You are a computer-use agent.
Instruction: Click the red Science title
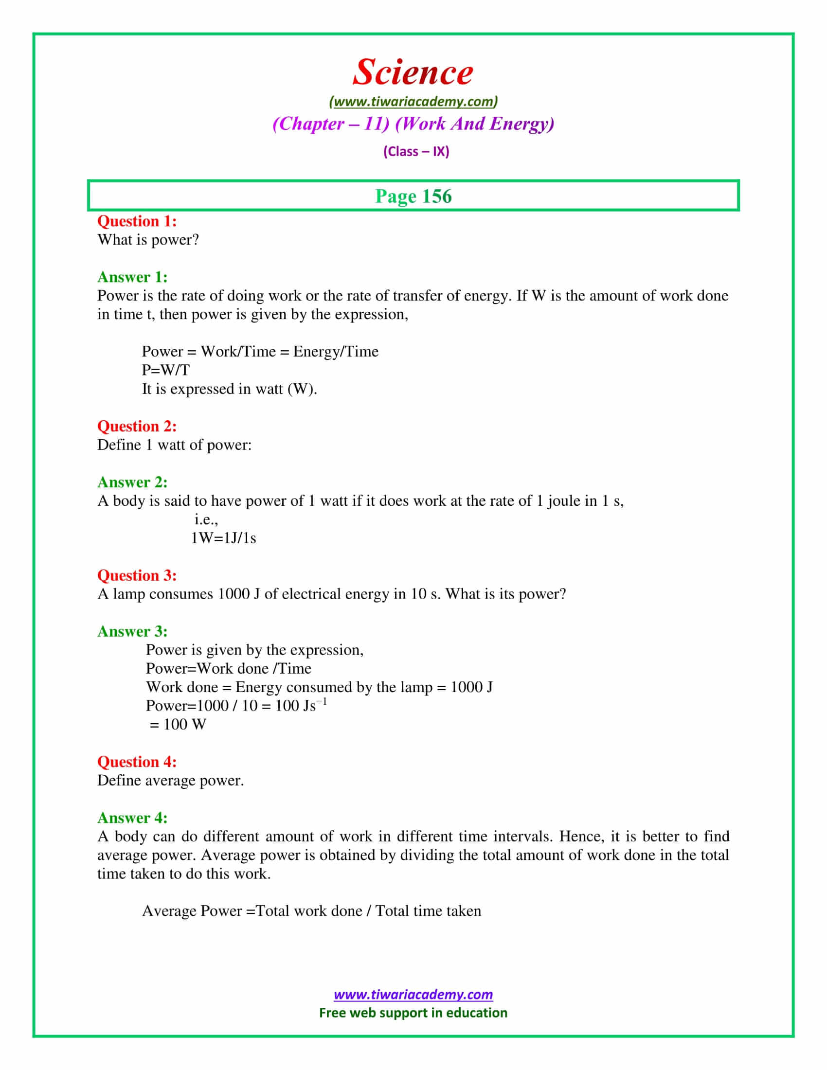[x=413, y=72]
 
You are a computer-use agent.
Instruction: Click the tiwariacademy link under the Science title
[x=413, y=102]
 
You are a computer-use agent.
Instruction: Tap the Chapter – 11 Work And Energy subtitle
[x=413, y=124]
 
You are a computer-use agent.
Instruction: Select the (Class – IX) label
[x=416, y=151]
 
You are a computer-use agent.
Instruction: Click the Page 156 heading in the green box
[x=413, y=196]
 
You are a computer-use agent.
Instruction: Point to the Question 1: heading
[x=137, y=221]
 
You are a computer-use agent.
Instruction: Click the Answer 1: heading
[x=132, y=277]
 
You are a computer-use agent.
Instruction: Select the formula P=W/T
[x=165, y=370]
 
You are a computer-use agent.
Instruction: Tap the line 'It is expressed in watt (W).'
[x=229, y=389]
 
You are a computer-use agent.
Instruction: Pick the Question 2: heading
[x=137, y=426]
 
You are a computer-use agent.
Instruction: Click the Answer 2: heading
[x=132, y=482]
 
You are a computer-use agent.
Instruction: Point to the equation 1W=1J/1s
[x=223, y=538]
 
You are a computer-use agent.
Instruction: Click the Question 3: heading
[x=137, y=575]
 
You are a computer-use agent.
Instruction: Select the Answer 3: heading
[x=132, y=631]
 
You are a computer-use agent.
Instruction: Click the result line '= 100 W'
[x=178, y=724]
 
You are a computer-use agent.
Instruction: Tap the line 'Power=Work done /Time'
[x=228, y=668]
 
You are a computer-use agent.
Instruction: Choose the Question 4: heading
[x=137, y=762]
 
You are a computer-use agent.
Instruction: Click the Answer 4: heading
[x=132, y=818]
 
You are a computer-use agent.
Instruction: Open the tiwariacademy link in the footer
[x=413, y=995]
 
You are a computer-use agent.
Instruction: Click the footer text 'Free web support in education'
[x=413, y=1013]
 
